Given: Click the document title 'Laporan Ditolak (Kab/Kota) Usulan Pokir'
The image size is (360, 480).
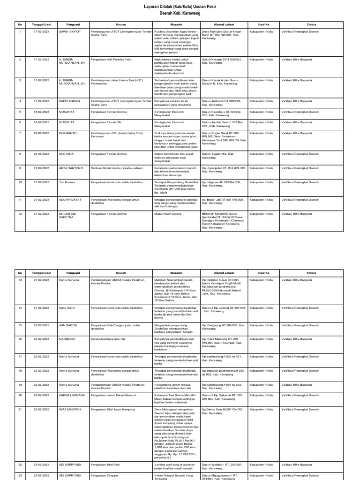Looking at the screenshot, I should (180, 6).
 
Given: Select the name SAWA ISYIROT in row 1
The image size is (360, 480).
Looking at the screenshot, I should (70, 31).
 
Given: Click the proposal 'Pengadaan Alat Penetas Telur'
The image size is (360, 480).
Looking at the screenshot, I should (111, 60).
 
